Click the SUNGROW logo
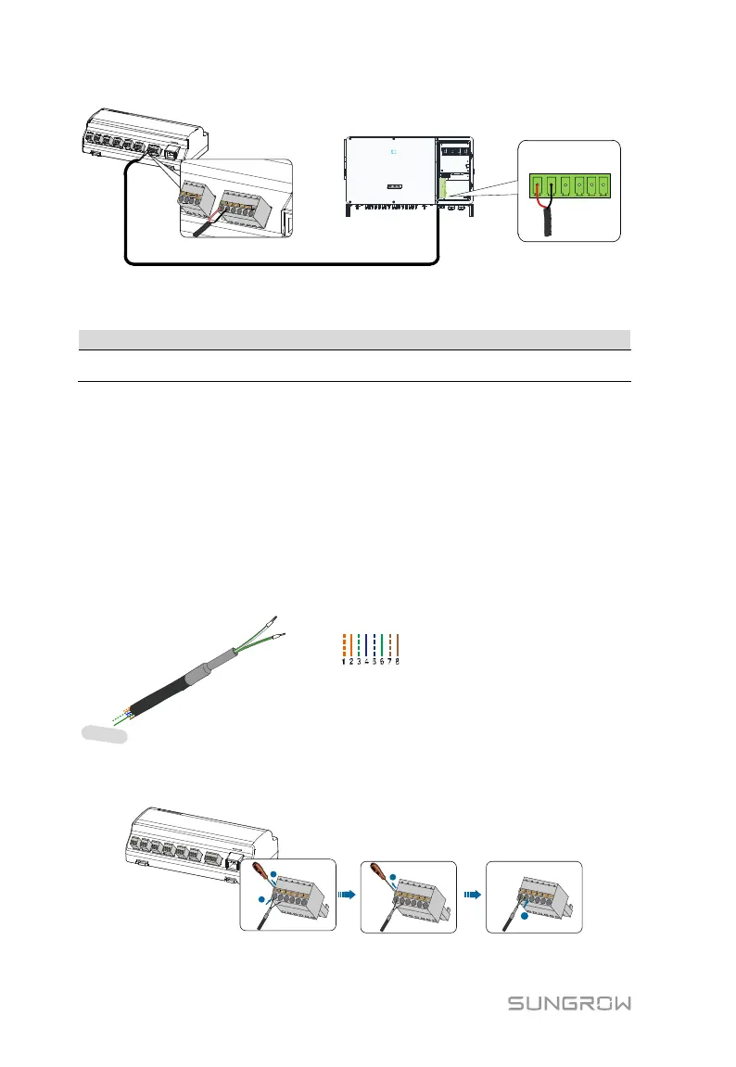pos(569,1004)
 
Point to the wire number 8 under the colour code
pos(397,662)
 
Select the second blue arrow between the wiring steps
pos(473,896)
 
